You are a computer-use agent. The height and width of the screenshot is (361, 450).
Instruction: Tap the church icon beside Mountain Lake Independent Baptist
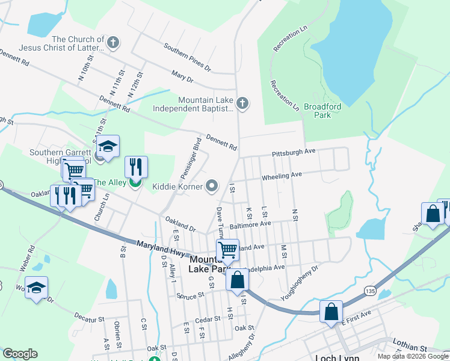(242, 103)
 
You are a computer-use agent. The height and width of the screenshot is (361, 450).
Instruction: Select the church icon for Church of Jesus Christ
(113, 43)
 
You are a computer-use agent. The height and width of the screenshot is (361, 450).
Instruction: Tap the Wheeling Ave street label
(281, 176)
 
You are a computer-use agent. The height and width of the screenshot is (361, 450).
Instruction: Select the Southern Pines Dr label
(188, 57)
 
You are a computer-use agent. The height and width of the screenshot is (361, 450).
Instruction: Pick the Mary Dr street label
(182, 78)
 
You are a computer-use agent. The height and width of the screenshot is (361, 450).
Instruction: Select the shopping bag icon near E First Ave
(331, 312)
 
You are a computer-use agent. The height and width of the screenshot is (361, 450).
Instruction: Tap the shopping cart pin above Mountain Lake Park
(227, 250)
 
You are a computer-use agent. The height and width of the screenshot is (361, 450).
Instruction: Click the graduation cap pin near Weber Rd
(36, 288)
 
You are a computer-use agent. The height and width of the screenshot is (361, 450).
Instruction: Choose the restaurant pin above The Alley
(136, 167)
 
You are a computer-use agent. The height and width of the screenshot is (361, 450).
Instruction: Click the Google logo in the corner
(19, 354)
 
